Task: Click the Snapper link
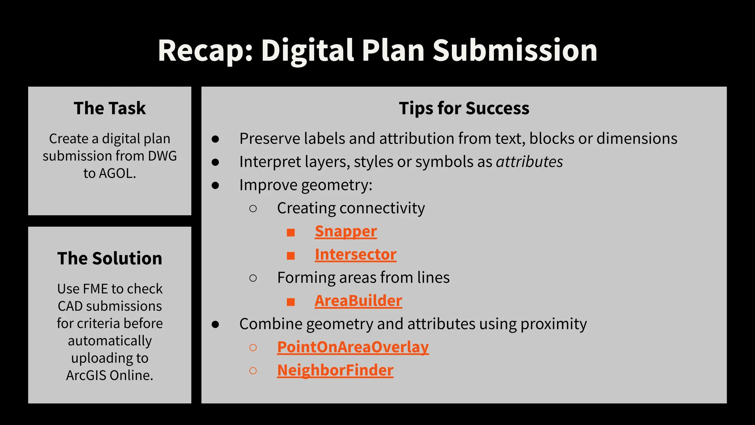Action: pos(345,232)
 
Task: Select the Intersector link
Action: pos(355,255)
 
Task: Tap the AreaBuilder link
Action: pos(358,301)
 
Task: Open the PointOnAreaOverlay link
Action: pos(353,347)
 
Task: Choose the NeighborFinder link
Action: pos(335,370)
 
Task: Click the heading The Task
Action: pos(109,108)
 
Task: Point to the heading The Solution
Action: pos(109,258)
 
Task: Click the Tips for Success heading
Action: pos(464,108)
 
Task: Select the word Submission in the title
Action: pos(515,51)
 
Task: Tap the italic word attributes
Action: pos(529,162)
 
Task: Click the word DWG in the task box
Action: pos(162,156)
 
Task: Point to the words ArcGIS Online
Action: pos(109,375)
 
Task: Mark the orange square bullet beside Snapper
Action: pos(291,232)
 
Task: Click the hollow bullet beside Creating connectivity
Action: pos(253,209)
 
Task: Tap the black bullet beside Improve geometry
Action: pos(215,186)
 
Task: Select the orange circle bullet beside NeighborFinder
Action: pos(253,371)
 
